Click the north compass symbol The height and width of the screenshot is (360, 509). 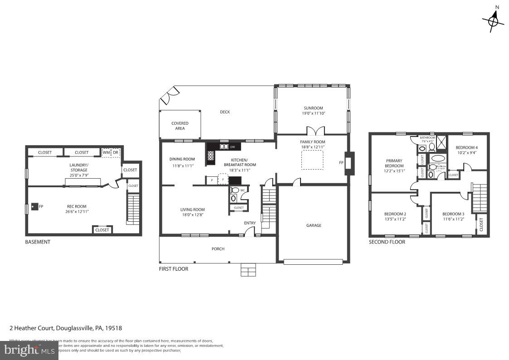click(x=494, y=19)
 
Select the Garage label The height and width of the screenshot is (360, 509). click(x=313, y=225)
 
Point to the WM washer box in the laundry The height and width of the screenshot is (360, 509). click(x=106, y=152)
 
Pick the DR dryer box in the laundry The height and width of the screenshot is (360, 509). click(x=116, y=152)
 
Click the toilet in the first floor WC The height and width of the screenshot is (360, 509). click(x=234, y=198)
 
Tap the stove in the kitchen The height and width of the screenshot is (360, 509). click(x=211, y=156)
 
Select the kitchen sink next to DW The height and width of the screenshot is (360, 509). click(x=223, y=146)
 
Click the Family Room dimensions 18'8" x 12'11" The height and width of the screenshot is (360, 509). click(x=312, y=147)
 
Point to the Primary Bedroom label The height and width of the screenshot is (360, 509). click(x=394, y=163)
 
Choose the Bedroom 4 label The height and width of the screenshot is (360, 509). click(x=466, y=148)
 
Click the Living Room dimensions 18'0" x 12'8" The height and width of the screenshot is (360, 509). click(x=193, y=215)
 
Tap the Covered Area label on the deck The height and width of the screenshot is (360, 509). click(x=180, y=126)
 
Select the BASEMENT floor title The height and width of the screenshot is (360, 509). click(x=38, y=242)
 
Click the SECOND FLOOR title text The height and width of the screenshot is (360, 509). click(x=387, y=242)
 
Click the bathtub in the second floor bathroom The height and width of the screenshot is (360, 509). click(x=437, y=159)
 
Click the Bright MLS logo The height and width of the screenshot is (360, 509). click(x=29, y=350)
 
